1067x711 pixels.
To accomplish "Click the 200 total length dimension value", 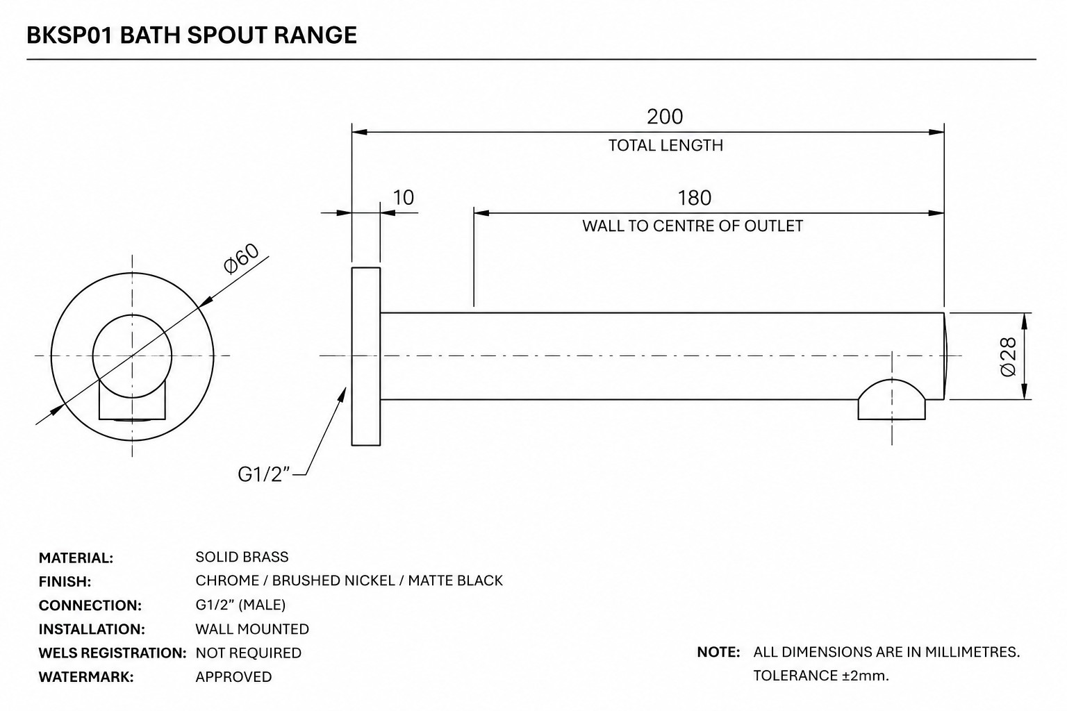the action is (x=665, y=117).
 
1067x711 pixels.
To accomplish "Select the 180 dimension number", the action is (x=694, y=198).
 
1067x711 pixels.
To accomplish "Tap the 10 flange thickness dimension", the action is (x=403, y=198).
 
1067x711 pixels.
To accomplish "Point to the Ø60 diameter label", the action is (x=242, y=258).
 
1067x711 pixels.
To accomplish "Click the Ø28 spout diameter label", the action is (x=1009, y=357).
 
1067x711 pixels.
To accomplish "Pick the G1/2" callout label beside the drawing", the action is (x=263, y=474).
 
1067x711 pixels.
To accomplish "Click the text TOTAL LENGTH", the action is (x=665, y=145).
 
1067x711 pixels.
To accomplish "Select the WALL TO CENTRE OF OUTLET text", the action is (x=693, y=226).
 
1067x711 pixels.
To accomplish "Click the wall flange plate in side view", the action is (x=366, y=357).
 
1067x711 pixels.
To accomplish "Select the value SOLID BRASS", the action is (x=242, y=557).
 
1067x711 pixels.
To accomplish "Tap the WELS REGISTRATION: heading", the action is (x=113, y=653).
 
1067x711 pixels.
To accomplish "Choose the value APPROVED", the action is (x=233, y=677).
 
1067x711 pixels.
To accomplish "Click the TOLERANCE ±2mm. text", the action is (x=820, y=676).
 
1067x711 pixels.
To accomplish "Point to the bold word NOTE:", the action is (x=718, y=652).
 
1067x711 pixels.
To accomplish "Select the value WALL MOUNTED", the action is (x=252, y=629).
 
